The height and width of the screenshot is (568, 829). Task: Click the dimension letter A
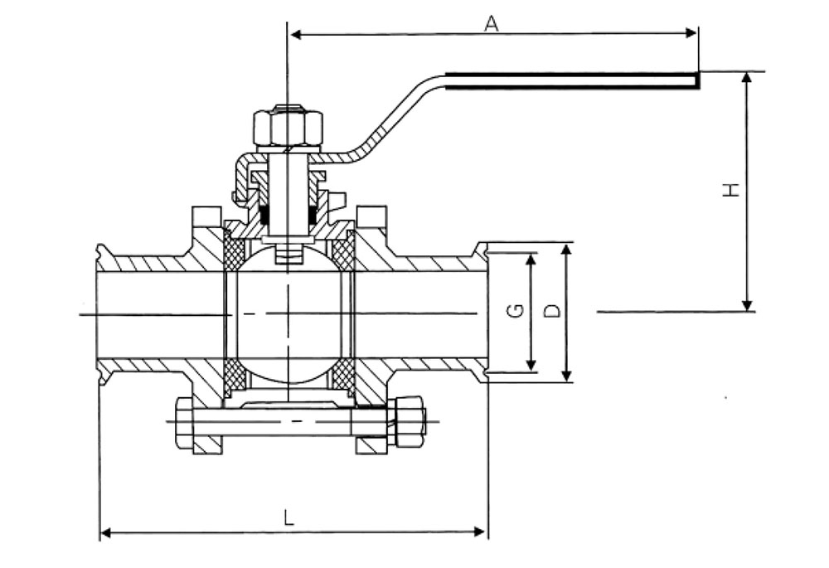point(492,23)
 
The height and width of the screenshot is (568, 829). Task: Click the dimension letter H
point(731,189)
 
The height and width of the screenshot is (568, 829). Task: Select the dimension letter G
point(515,310)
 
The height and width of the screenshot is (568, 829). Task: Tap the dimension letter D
point(552,310)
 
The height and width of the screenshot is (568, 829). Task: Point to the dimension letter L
point(288,517)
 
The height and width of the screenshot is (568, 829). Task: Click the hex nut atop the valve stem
point(288,128)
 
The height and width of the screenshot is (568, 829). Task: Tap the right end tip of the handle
point(698,80)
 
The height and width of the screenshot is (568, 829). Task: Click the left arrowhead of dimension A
point(296,35)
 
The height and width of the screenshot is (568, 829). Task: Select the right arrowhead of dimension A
point(691,33)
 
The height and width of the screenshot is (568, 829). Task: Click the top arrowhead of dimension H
point(747,78)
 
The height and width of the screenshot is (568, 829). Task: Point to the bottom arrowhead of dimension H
point(747,305)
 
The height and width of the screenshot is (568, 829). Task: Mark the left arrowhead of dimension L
point(106,532)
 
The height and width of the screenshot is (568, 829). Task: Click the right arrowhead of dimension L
point(480,532)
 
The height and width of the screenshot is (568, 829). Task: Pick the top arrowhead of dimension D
point(566,250)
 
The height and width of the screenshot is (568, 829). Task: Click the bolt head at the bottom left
point(185,423)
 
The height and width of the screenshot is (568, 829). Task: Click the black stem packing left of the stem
point(265,215)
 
